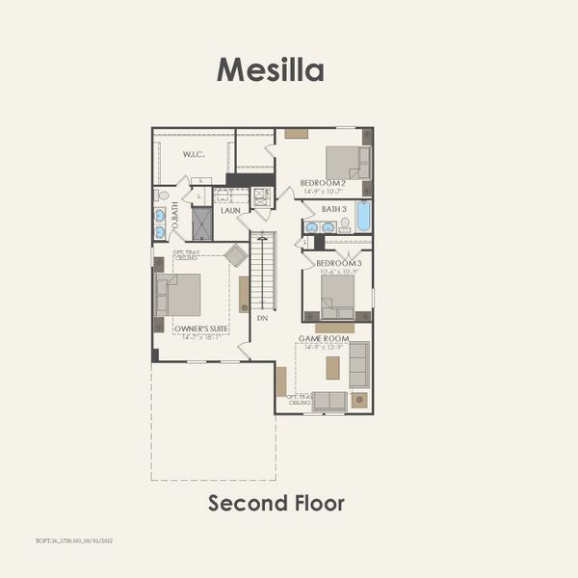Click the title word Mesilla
point(270,69)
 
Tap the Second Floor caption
point(276,503)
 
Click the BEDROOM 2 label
point(322,183)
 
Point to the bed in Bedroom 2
point(345,161)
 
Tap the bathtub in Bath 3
point(363,216)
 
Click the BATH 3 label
point(333,209)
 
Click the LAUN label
point(230,209)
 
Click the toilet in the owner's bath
point(163,196)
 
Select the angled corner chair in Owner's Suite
point(235,255)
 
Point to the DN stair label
point(261,317)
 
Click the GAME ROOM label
point(323,339)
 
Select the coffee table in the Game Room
point(333,367)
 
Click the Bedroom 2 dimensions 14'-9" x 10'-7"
point(323,191)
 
